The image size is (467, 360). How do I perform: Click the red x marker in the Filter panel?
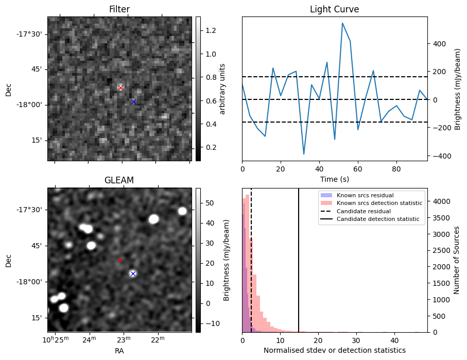tap(120, 88)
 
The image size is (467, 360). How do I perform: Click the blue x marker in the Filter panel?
tap(133, 102)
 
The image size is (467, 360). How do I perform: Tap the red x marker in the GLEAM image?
tap(119, 261)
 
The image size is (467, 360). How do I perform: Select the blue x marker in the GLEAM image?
tap(133, 274)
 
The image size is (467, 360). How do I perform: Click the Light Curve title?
tap(334, 9)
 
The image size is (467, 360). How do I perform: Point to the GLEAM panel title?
tap(119, 180)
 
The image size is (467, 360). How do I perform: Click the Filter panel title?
tap(119, 9)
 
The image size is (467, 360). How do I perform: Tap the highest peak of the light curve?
tap(342, 23)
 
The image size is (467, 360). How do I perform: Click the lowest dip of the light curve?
tap(304, 154)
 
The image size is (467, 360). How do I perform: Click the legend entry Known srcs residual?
tap(365, 195)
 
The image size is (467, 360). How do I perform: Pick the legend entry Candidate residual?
tap(364, 211)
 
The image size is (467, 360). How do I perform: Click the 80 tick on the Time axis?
tap(396, 168)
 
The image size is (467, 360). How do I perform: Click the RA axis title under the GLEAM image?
tap(119, 351)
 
